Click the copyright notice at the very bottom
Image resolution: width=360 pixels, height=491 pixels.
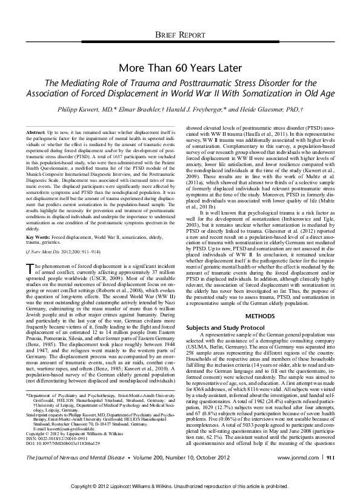(x=179, y=485)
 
